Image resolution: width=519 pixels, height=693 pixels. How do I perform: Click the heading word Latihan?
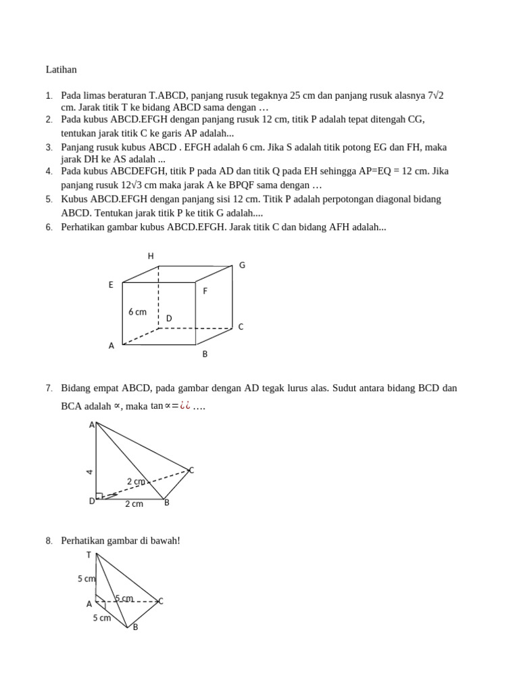pyautogui.click(x=61, y=70)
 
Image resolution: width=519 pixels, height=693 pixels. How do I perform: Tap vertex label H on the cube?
pyautogui.click(x=151, y=256)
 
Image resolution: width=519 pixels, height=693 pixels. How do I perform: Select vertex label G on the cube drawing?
pyautogui.click(x=242, y=265)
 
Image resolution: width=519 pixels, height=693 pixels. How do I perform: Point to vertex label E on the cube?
pyautogui.click(x=111, y=285)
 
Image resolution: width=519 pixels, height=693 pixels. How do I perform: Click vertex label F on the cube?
pyautogui.click(x=205, y=291)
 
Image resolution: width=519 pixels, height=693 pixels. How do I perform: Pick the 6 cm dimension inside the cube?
pyautogui.click(x=137, y=312)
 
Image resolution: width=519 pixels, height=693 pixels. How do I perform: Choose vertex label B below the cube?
pyautogui.click(x=205, y=353)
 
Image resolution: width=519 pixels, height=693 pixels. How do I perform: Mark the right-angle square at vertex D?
pyautogui.click(x=99, y=495)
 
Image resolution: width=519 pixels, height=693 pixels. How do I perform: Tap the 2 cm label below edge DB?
pyautogui.click(x=134, y=504)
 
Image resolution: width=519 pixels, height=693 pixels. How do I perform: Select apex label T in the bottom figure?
pyautogui.click(x=89, y=555)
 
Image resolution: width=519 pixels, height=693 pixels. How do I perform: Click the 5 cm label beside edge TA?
pyautogui.click(x=86, y=579)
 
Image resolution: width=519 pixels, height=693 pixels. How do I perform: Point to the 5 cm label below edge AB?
pyautogui.click(x=102, y=618)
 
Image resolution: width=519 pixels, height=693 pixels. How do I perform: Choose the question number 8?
pyautogui.click(x=49, y=541)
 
